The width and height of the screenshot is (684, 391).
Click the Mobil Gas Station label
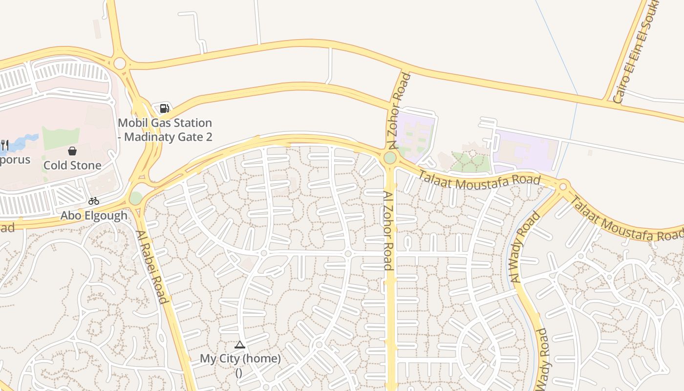point(165,130)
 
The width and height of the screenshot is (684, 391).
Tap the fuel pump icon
point(165,109)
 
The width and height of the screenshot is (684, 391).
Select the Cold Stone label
point(72,165)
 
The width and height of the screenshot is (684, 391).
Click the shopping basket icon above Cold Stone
point(72,151)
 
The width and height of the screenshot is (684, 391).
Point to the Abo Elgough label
point(94,215)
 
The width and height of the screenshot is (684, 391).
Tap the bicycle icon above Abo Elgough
point(94,201)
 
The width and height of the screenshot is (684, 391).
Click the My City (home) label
point(240,359)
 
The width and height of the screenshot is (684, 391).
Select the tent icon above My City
point(239,345)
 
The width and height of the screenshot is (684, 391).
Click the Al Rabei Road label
point(152,267)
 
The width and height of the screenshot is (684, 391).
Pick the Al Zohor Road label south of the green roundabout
point(388,231)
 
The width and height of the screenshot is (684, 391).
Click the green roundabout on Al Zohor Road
point(390,158)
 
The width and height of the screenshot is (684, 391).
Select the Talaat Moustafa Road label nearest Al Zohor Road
point(479,179)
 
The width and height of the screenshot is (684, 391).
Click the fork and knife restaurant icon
point(4,145)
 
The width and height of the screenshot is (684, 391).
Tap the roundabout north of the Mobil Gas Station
point(120,64)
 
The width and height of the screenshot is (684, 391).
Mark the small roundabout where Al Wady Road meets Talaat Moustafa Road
point(563,186)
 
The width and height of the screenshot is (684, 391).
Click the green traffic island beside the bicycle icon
point(136,198)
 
